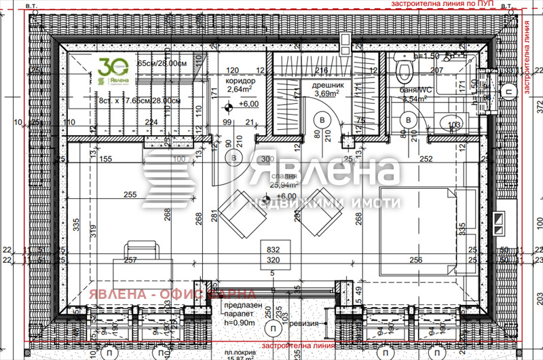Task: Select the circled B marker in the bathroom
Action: click(x=409, y=120)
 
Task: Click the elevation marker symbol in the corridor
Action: click(x=229, y=105)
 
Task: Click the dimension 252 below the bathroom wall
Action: click(x=426, y=159)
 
